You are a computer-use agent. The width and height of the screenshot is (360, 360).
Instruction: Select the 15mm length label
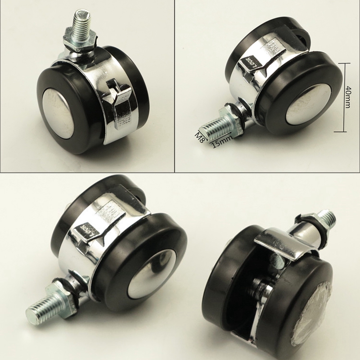[x=221, y=142]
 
